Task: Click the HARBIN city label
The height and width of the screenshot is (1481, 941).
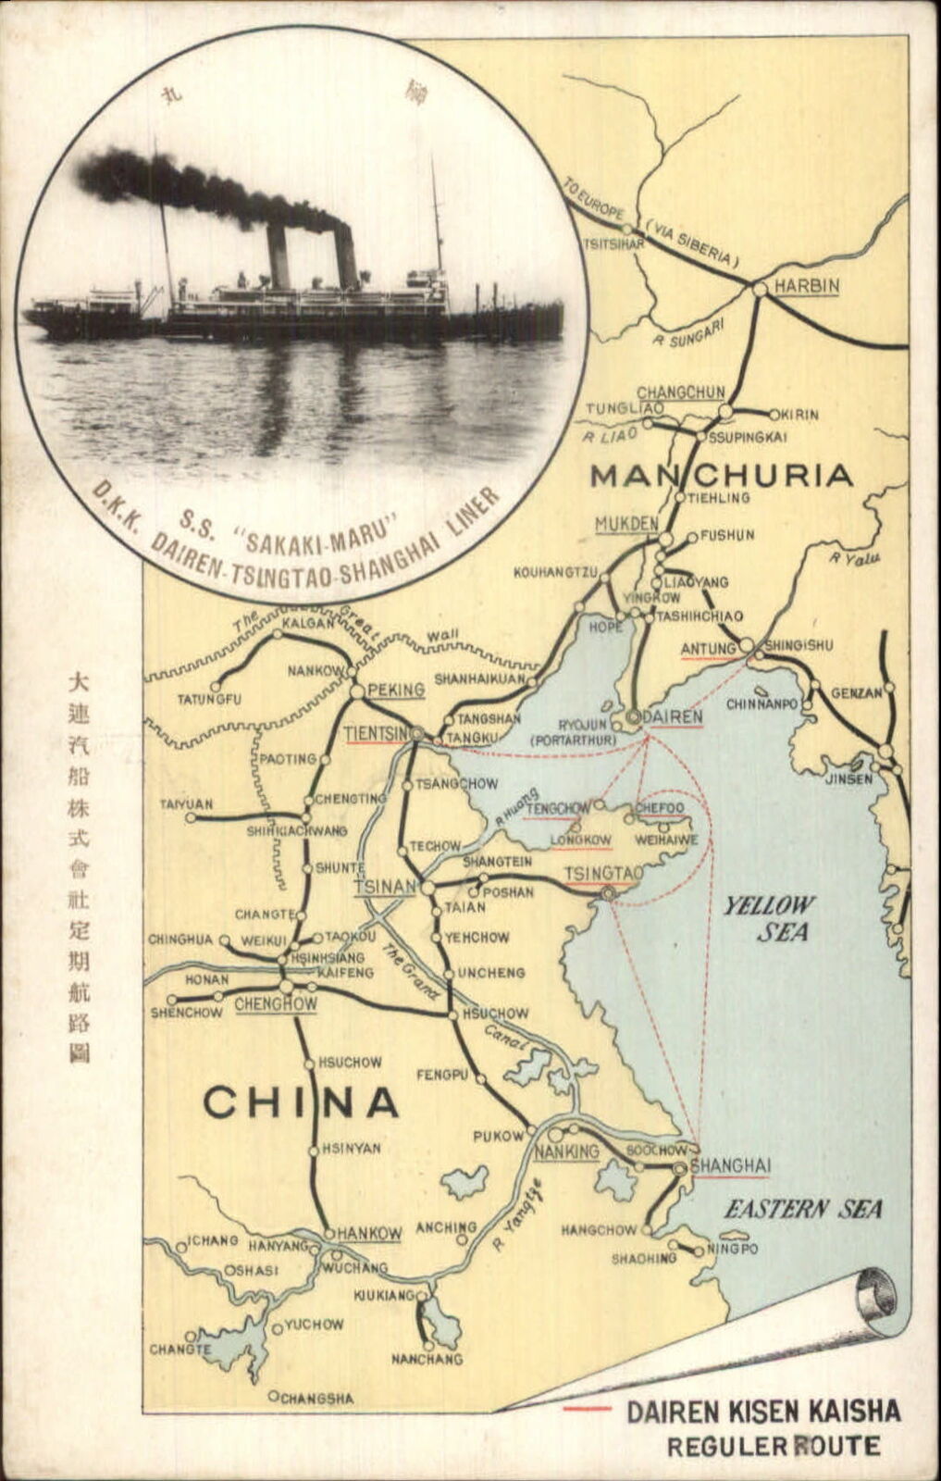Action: click(807, 285)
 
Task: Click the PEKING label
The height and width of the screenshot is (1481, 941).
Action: click(395, 690)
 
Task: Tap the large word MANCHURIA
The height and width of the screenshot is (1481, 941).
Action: click(721, 475)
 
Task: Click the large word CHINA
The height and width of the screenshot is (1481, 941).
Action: click(301, 1102)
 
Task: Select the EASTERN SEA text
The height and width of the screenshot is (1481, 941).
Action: click(803, 1209)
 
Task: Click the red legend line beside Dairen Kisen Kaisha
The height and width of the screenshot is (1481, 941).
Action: click(587, 1409)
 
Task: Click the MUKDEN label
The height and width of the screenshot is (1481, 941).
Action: click(625, 524)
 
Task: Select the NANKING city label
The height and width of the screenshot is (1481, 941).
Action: click(567, 1151)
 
